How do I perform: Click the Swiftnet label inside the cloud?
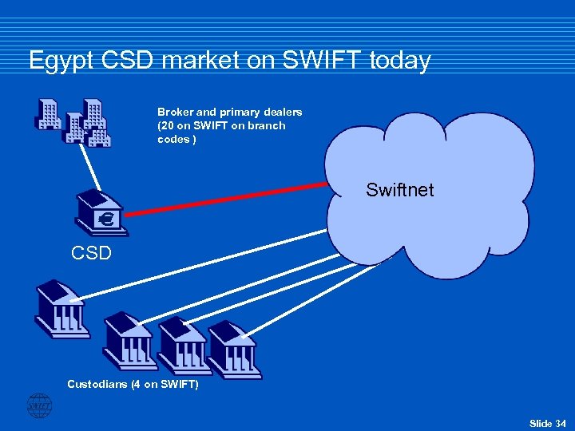[x=399, y=190]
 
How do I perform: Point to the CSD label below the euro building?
[x=91, y=255]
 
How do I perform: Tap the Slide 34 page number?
[x=547, y=422]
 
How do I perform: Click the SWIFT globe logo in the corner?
[x=39, y=406]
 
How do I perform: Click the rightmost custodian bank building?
[x=234, y=350]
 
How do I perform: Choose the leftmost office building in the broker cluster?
[x=48, y=114]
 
